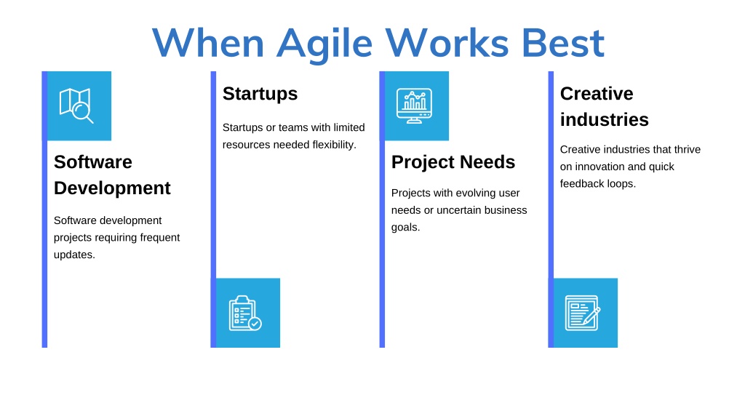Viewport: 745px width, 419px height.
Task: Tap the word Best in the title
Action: click(563, 43)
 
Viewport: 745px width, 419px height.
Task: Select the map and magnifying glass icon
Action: click(76, 105)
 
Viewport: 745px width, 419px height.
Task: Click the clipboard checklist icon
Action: click(245, 313)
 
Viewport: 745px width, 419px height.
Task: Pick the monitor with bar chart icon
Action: click(414, 105)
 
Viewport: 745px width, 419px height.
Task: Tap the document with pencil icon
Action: click(583, 313)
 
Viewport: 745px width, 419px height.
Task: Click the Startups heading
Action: click(260, 94)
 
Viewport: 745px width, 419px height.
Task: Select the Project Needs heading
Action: click(453, 162)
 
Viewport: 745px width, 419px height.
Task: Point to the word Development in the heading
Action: click(112, 188)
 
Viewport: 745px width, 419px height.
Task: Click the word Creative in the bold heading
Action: click(597, 94)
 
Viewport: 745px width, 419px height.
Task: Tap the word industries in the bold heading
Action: click(605, 120)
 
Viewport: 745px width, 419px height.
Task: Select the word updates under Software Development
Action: click(74, 255)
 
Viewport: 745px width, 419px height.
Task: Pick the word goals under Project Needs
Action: click(405, 228)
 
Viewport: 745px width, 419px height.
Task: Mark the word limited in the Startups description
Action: click(348, 128)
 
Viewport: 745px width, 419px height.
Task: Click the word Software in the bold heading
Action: click(93, 162)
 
